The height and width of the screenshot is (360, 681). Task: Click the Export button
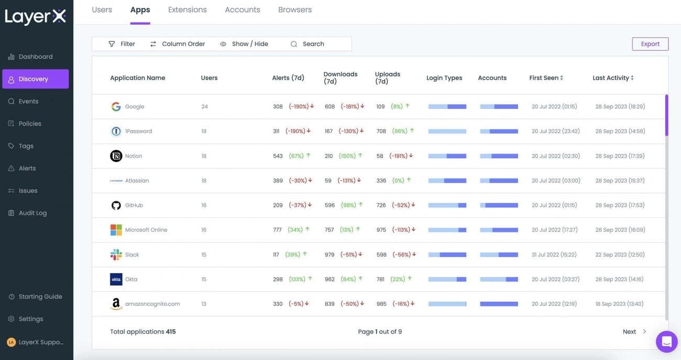[x=650, y=44]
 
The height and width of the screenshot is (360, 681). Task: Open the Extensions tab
[x=188, y=10]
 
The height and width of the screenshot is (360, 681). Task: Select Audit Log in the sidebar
[x=32, y=213]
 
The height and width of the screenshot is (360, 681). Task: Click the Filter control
[x=122, y=44]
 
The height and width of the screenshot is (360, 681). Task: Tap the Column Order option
[x=178, y=44]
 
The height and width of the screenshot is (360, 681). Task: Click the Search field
[x=313, y=44]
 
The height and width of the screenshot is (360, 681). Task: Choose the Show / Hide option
[x=244, y=44]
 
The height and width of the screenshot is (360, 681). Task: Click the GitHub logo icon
[x=116, y=205]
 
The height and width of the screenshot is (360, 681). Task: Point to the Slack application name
[x=132, y=255]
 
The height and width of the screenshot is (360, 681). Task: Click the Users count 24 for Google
[x=204, y=107]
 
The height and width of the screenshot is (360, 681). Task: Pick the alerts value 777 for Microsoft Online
[x=277, y=230]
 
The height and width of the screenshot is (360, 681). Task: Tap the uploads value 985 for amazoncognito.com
[x=381, y=304]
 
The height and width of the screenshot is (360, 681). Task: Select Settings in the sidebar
[x=31, y=319]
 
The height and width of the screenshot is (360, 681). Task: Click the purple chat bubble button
[x=666, y=342]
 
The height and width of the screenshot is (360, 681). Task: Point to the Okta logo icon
[x=116, y=279]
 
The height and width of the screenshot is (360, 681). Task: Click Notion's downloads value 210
[x=328, y=156]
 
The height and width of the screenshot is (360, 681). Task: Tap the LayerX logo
[x=36, y=17]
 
